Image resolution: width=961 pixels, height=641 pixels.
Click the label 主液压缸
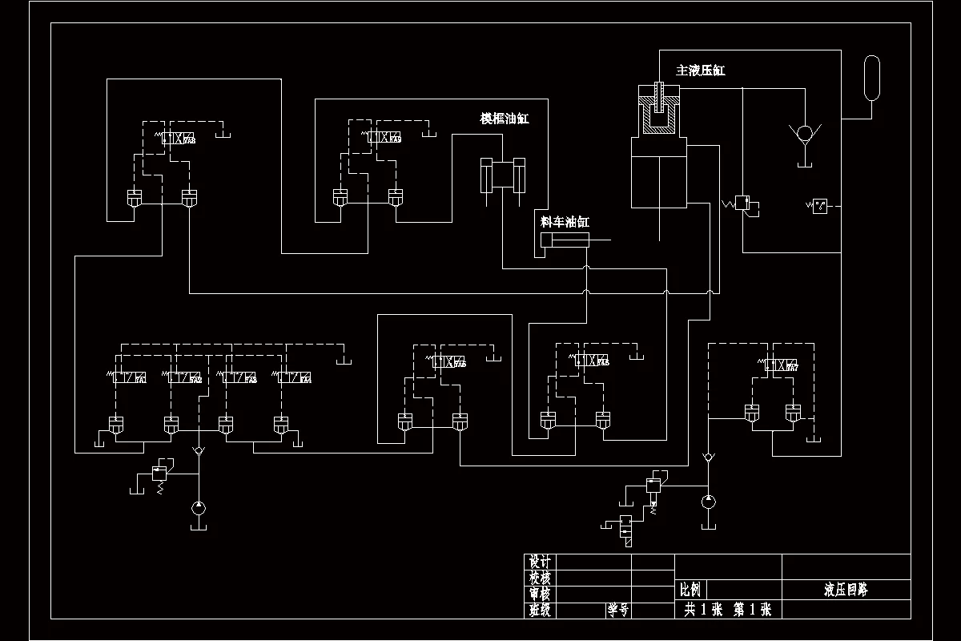(x=701, y=71)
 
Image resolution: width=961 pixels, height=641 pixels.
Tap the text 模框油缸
(x=505, y=119)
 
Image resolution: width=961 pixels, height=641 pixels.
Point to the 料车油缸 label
(x=565, y=222)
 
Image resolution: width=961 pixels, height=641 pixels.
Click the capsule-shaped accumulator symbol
(x=872, y=79)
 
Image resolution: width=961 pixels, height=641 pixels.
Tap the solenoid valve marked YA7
(x=781, y=366)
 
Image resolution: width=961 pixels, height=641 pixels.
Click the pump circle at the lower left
(x=199, y=507)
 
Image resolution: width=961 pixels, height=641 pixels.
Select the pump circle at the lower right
(x=708, y=502)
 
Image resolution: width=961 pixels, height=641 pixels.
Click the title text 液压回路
(x=846, y=591)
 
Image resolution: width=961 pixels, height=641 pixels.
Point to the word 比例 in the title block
(x=690, y=591)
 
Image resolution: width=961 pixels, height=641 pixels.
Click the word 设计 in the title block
(x=541, y=562)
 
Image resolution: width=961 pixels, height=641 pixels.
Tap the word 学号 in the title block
(x=617, y=610)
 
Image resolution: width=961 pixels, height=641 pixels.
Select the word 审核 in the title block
(x=541, y=594)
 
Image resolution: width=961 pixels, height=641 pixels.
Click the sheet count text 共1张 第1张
(x=727, y=610)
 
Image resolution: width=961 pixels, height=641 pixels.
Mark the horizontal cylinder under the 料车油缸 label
(x=565, y=241)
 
